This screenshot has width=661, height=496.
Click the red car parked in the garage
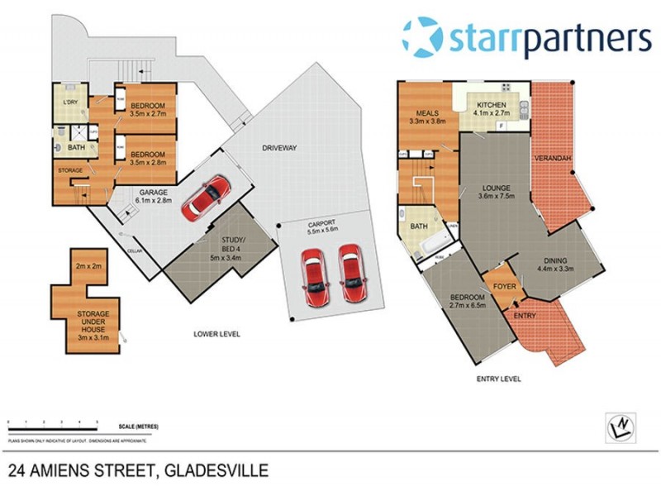(207, 198)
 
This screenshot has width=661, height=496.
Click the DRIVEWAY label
(279, 148)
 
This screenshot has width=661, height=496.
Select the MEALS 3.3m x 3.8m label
(427, 117)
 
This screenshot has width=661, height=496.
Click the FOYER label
(504, 288)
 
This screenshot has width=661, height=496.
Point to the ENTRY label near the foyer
(525, 316)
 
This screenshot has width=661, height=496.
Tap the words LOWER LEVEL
(216, 335)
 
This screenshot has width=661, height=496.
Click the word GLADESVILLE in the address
(217, 472)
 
